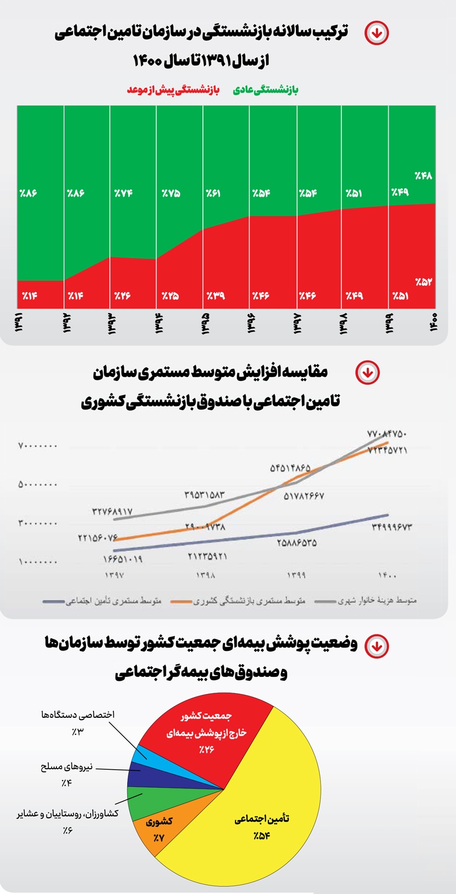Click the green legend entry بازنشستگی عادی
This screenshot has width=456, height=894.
coord(267,90)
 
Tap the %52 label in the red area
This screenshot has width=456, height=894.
coord(424,282)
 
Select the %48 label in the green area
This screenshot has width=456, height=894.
coord(424,176)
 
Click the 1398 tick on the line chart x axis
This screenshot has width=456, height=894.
coord(205,575)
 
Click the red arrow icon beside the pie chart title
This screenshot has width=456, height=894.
coord(377,647)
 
